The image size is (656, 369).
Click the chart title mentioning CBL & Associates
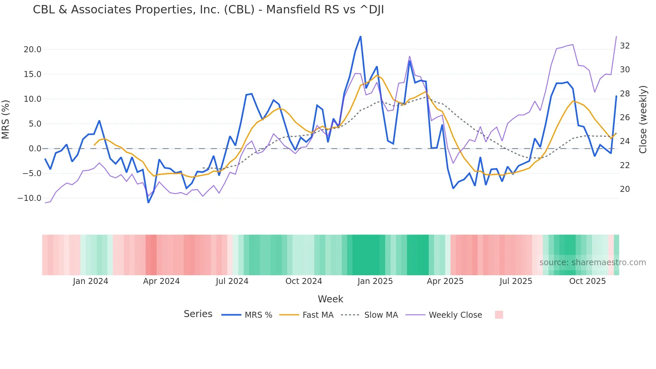(208, 10)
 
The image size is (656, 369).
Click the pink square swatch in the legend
(499, 315)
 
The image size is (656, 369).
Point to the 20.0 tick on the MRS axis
(32, 50)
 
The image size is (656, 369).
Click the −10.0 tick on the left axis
(29, 198)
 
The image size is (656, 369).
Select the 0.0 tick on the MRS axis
(35, 149)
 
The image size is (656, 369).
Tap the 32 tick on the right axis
(625, 46)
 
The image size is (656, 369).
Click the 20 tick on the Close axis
(625, 189)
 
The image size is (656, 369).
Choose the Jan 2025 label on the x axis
(375, 281)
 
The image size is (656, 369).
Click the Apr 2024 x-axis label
(161, 281)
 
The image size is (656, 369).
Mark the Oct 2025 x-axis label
(587, 281)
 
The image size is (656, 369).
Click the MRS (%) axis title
(6, 120)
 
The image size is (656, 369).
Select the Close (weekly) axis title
(643, 120)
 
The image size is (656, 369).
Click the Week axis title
(330, 299)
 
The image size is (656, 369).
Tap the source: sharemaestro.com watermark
(592, 263)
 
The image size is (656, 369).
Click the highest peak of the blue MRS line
(360, 36)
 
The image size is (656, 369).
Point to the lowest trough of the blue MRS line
(148, 202)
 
